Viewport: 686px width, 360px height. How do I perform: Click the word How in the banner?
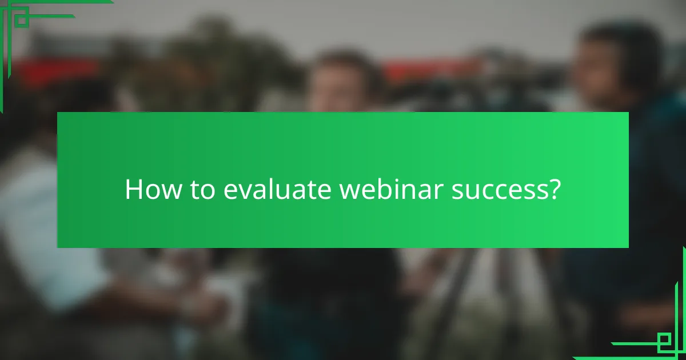150,189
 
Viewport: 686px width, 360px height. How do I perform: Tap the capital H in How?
132,189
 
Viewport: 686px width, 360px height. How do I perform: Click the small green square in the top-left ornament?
21,20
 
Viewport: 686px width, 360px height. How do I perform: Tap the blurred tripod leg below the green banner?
452,297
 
